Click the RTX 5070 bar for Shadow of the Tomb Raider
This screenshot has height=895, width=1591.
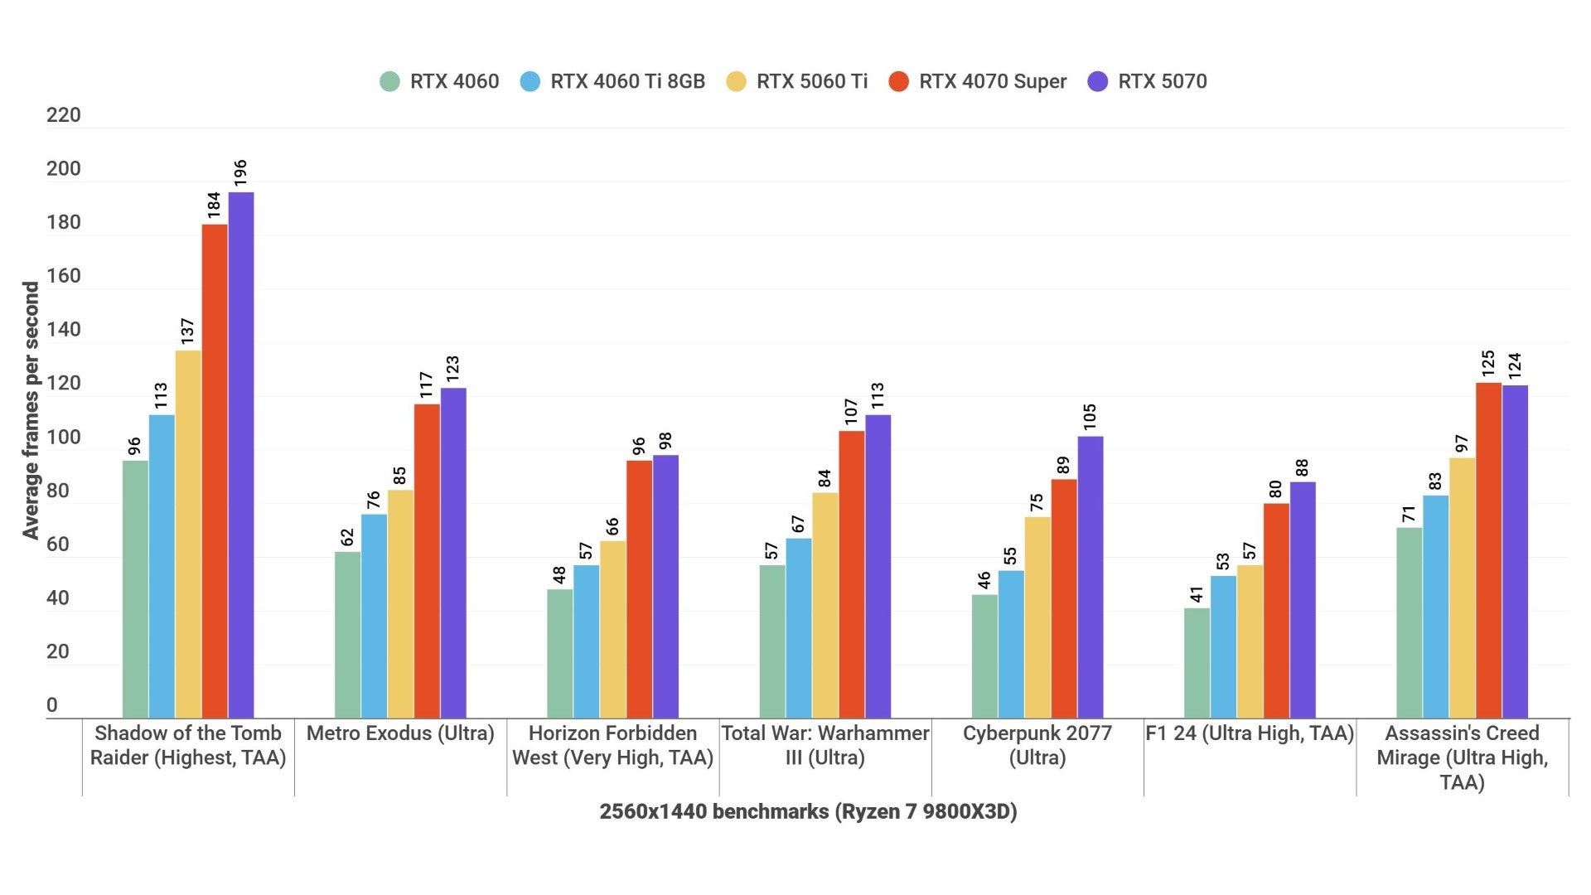(241, 456)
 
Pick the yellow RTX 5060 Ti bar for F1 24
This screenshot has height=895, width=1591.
(1250, 641)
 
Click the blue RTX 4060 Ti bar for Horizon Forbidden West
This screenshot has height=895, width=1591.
(586, 641)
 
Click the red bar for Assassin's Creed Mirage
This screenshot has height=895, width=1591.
(1488, 550)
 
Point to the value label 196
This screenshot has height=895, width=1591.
(240, 172)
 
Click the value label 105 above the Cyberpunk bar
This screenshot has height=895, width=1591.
(1090, 416)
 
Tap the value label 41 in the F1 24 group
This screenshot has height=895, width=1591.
(1197, 594)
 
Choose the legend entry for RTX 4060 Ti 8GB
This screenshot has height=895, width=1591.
(613, 81)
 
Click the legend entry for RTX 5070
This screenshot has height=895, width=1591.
(1148, 81)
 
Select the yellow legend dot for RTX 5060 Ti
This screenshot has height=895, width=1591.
(736, 81)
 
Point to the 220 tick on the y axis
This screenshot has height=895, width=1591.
(63, 115)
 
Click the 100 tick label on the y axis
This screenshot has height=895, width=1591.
(63, 438)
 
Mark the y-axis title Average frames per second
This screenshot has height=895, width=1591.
(31, 410)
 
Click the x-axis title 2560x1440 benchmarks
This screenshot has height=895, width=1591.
(808, 811)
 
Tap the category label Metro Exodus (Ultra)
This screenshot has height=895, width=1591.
(400, 733)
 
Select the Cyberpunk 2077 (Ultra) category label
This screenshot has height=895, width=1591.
(1037, 745)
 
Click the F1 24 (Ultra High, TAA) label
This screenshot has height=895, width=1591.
(1249, 733)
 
